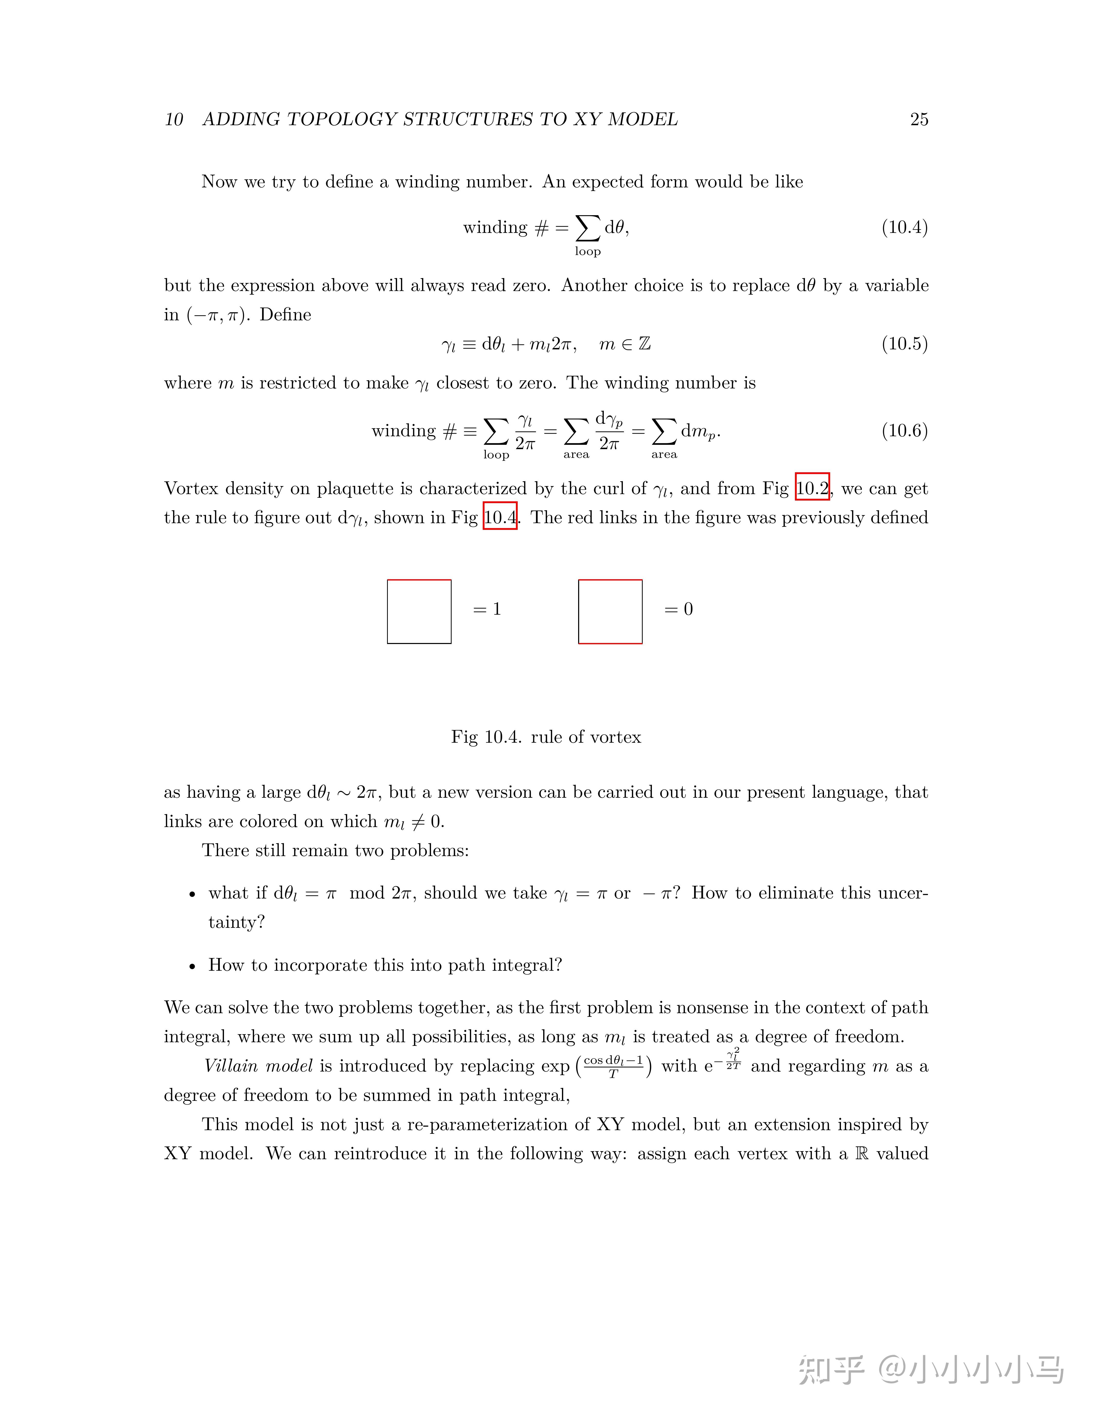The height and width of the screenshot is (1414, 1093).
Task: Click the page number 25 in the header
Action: coord(919,119)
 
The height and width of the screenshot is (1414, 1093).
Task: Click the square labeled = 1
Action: coord(419,611)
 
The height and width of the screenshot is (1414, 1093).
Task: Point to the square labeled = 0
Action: coord(610,611)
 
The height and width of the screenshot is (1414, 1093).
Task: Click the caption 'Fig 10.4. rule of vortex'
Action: coord(546,737)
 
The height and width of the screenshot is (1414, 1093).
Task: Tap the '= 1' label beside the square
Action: coord(487,609)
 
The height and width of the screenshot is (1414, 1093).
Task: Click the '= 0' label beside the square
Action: coord(679,609)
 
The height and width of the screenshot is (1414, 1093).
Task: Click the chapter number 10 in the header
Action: coord(174,119)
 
